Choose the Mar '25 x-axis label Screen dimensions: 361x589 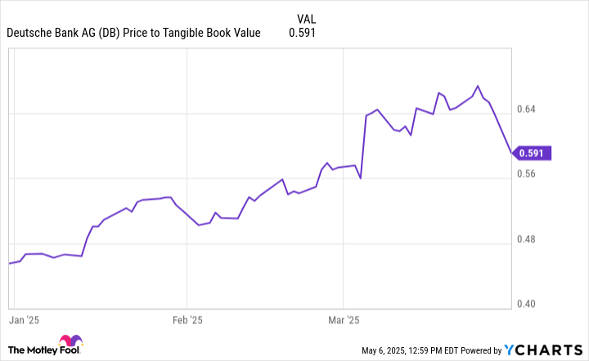point(343,320)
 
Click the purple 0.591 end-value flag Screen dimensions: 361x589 point(534,152)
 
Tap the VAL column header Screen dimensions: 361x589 point(306,18)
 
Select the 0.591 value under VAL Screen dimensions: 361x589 point(302,34)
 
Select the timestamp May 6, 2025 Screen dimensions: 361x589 point(391,350)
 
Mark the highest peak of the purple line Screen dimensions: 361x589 point(478,86)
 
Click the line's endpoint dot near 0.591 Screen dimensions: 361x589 point(512,152)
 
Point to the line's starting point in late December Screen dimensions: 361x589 point(9,264)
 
